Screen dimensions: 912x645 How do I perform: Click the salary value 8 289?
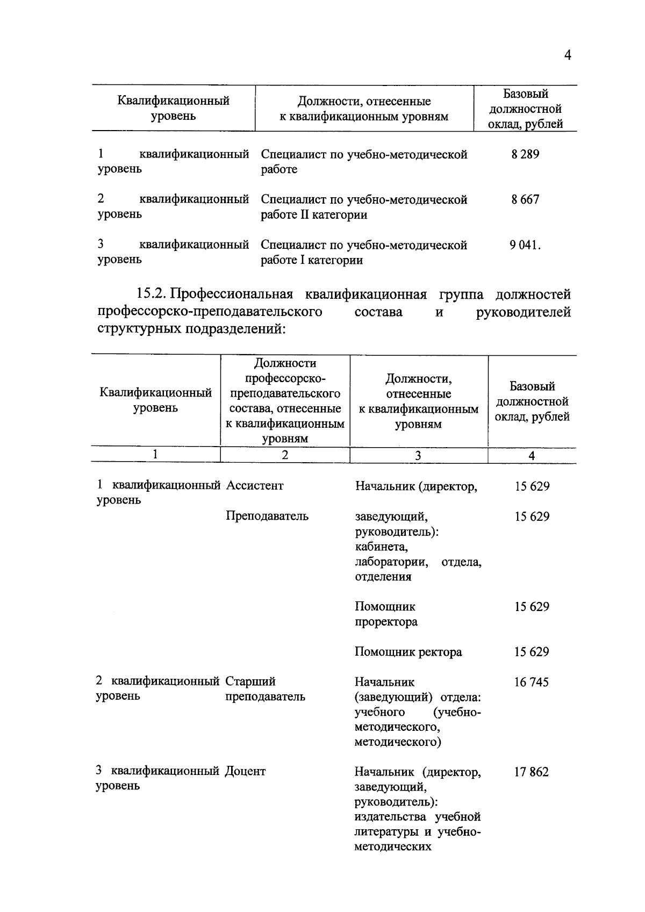[525, 155]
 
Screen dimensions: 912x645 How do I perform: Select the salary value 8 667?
[525, 200]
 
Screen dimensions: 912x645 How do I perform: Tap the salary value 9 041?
[525, 246]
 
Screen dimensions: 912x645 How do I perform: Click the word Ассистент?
[255, 486]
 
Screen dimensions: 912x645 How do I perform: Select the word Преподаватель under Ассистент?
[267, 516]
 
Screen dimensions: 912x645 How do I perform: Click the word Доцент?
[245, 771]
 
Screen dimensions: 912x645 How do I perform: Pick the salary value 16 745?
[531, 683]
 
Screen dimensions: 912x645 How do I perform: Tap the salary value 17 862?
[531, 772]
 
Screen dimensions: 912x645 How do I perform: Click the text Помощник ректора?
[408, 652]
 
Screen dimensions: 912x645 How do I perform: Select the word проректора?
[386, 622]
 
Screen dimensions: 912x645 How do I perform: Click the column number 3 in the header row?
[418, 456]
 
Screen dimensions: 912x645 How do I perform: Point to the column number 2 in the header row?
[285, 455]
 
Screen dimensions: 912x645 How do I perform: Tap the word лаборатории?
[391, 562]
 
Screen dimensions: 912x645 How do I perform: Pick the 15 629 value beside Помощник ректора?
[532, 652]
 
